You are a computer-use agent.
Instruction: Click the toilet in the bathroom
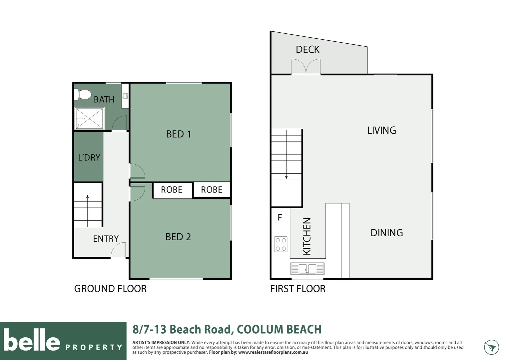click(83, 95)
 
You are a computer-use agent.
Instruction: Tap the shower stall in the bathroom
click(89, 118)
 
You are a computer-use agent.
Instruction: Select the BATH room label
click(104, 100)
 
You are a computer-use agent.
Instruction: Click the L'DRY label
click(89, 157)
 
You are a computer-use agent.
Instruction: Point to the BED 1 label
click(179, 134)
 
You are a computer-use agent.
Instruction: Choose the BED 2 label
click(178, 237)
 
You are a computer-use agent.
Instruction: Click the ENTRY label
click(106, 239)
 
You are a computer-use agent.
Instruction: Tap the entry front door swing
click(118, 250)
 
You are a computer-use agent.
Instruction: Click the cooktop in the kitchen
click(281, 244)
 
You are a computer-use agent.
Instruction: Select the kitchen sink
click(307, 269)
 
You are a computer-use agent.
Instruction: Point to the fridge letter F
click(280, 218)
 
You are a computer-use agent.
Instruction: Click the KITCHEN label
click(307, 236)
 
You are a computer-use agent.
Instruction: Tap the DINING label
click(387, 233)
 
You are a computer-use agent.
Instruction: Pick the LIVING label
click(382, 130)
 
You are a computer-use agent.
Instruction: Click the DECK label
click(308, 50)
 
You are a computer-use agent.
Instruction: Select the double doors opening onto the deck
click(306, 66)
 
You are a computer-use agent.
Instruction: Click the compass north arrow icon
click(491, 347)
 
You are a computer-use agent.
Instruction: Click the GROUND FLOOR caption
click(111, 289)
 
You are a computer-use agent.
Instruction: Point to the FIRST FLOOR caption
click(298, 289)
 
